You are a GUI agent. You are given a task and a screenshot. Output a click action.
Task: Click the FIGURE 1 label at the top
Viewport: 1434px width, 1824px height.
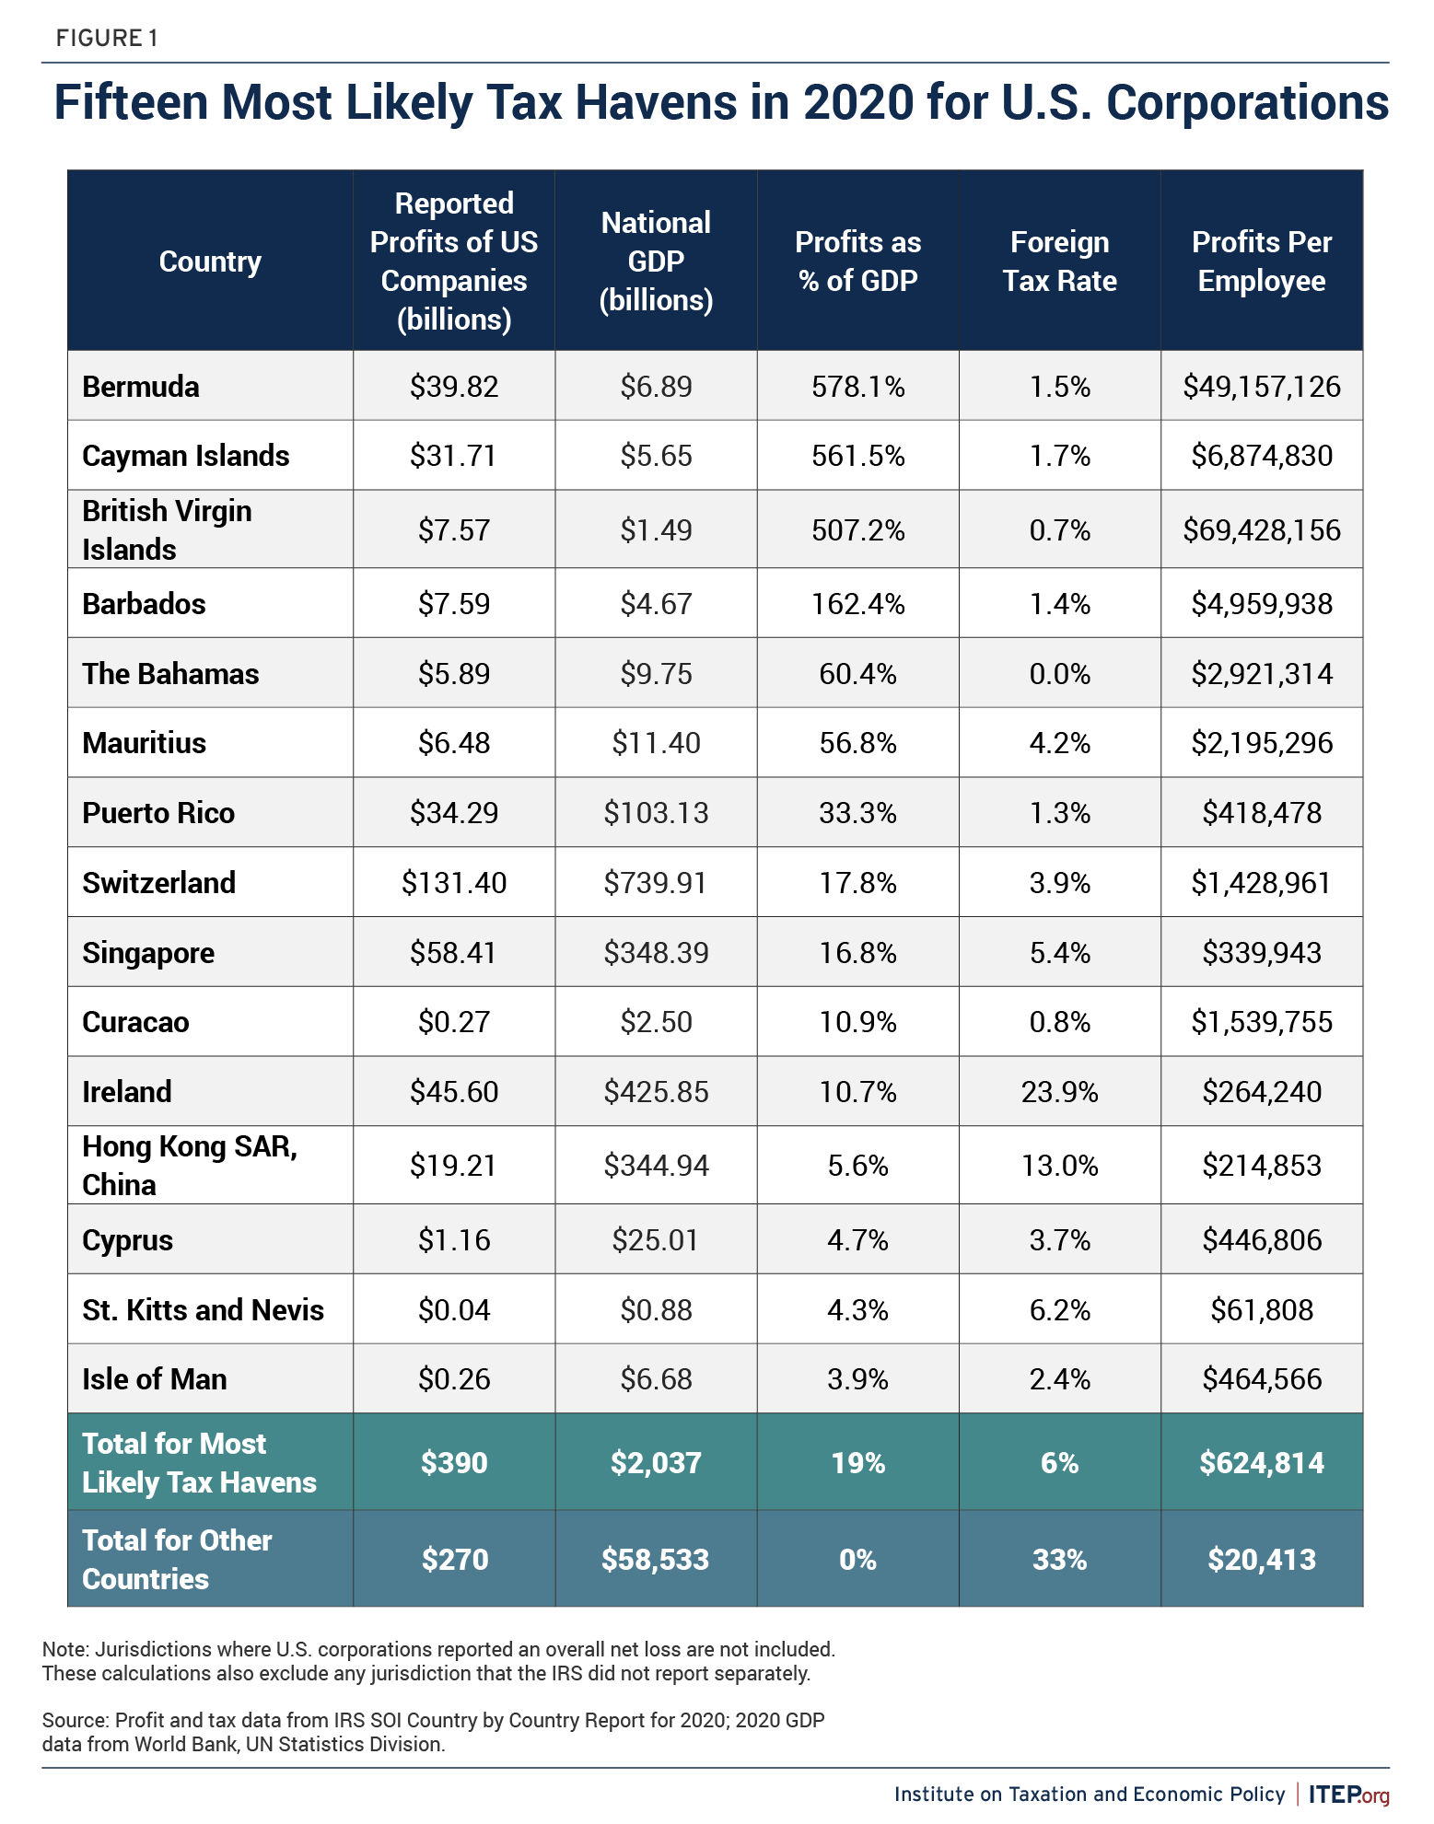[x=107, y=38]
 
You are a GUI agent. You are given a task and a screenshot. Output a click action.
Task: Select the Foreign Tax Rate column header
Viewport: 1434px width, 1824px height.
[x=1059, y=261]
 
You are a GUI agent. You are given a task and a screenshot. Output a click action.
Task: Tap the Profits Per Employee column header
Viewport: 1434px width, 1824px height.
[x=1261, y=261]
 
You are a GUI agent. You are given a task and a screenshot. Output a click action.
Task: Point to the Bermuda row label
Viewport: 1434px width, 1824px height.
[x=141, y=387]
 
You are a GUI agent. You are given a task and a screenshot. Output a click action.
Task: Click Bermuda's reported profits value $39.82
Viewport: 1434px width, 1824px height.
[x=454, y=387]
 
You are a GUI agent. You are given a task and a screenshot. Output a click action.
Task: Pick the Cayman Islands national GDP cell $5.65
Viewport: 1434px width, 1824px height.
[x=656, y=456]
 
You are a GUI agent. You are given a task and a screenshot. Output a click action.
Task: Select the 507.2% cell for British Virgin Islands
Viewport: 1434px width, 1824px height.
[x=857, y=530]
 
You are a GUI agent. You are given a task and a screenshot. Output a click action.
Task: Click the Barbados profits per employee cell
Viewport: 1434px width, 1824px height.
[x=1261, y=604]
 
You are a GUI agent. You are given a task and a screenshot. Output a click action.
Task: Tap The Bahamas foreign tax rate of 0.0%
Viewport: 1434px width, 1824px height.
[x=1059, y=674]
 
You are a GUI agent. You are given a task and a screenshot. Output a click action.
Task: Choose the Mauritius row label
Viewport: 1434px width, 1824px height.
[x=145, y=743]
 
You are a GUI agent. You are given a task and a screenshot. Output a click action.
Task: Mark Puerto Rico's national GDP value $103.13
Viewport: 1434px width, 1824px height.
[x=656, y=813]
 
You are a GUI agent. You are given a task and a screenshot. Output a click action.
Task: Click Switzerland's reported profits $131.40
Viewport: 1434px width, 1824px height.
[x=454, y=883]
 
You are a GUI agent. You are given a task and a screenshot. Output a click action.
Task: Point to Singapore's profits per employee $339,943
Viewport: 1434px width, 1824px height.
[x=1261, y=953]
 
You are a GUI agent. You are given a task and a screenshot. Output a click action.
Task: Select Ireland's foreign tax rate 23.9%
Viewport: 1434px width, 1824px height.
[x=1059, y=1092]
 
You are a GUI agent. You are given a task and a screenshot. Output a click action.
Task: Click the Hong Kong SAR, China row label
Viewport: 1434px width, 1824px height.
[x=189, y=1166]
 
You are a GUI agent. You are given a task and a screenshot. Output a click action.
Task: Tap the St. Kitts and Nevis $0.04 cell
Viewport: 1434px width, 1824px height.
[x=454, y=1310]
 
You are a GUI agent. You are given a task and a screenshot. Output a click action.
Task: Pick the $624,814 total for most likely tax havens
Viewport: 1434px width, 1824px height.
[x=1261, y=1463]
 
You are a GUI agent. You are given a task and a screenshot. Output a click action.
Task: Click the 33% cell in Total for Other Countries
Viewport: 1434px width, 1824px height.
[x=1059, y=1560]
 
